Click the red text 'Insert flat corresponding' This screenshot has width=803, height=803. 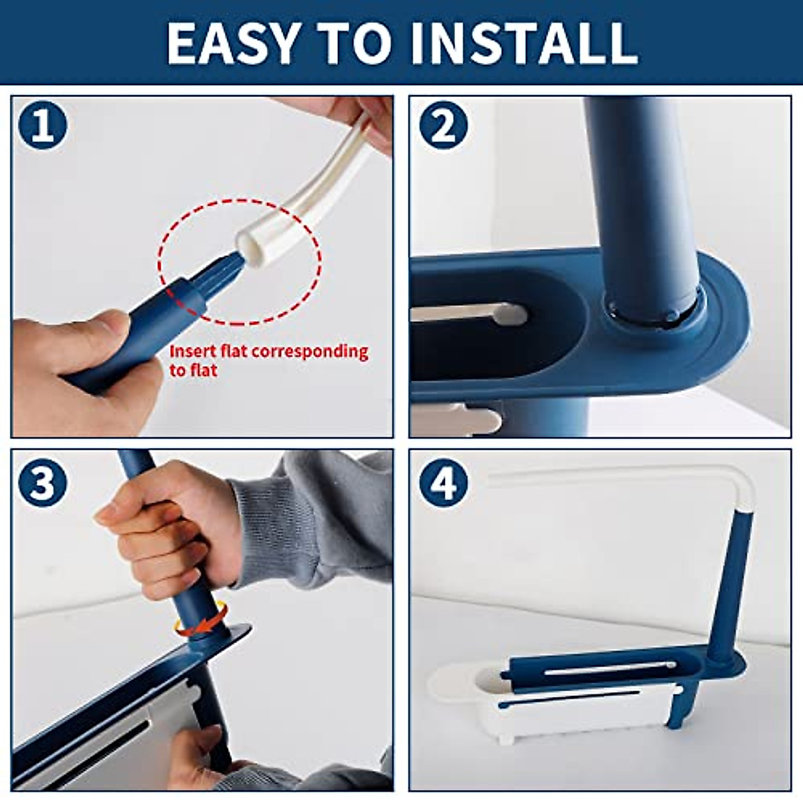(x=268, y=351)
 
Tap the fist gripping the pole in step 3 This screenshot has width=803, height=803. (x=167, y=529)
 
